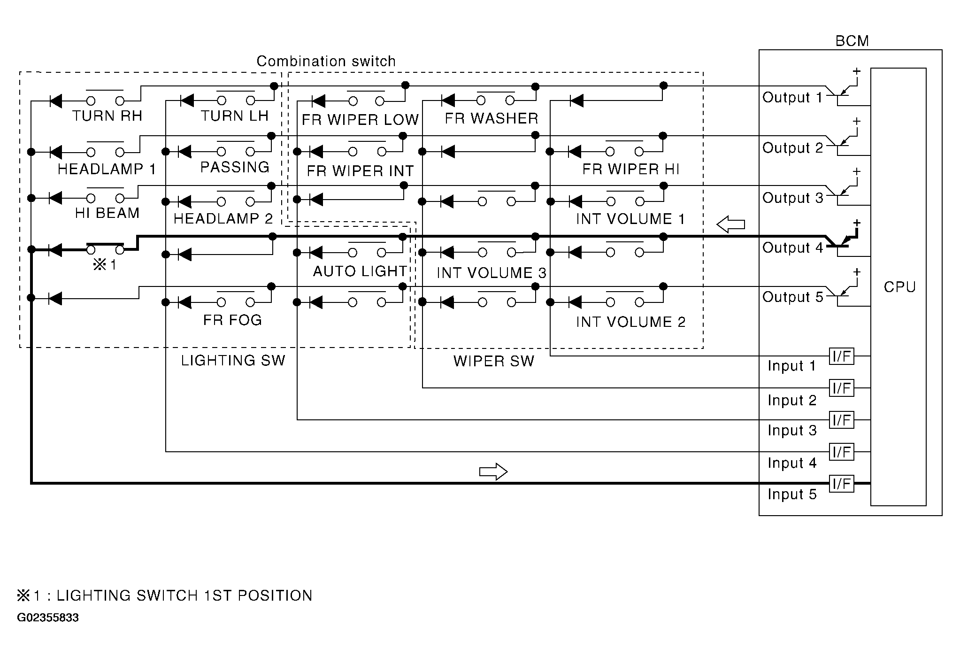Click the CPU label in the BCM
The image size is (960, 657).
pyautogui.click(x=899, y=287)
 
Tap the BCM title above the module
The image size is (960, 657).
pyautogui.click(x=852, y=41)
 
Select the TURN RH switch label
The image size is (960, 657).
pyautogui.click(x=107, y=116)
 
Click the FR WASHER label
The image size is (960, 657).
pyautogui.click(x=492, y=118)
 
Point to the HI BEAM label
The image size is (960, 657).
pyautogui.click(x=107, y=213)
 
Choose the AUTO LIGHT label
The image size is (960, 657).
pyautogui.click(x=360, y=271)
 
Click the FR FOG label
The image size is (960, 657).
pyautogui.click(x=232, y=320)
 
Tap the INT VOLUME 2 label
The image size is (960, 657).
pyautogui.click(x=630, y=322)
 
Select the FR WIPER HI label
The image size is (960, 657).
pyautogui.click(x=630, y=170)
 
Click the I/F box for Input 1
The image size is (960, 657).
pyautogui.click(x=841, y=356)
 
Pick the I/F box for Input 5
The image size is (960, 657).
pyautogui.click(x=841, y=483)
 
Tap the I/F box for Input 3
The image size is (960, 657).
pyautogui.click(x=841, y=420)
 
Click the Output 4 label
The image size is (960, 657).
pyautogui.click(x=792, y=248)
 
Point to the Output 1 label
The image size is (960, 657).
pyautogui.click(x=792, y=98)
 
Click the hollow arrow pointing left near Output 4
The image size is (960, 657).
pyautogui.click(x=730, y=224)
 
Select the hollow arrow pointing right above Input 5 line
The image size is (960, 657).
pyautogui.click(x=493, y=471)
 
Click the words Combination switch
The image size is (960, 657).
pyautogui.click(x=326, y=62)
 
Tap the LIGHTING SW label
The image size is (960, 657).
pyautogui.click(x=233, y=361)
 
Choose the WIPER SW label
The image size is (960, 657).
pyautogui.click(x=493, y=361)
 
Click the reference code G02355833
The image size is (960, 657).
pyautogui.click(x=48, y=618)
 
